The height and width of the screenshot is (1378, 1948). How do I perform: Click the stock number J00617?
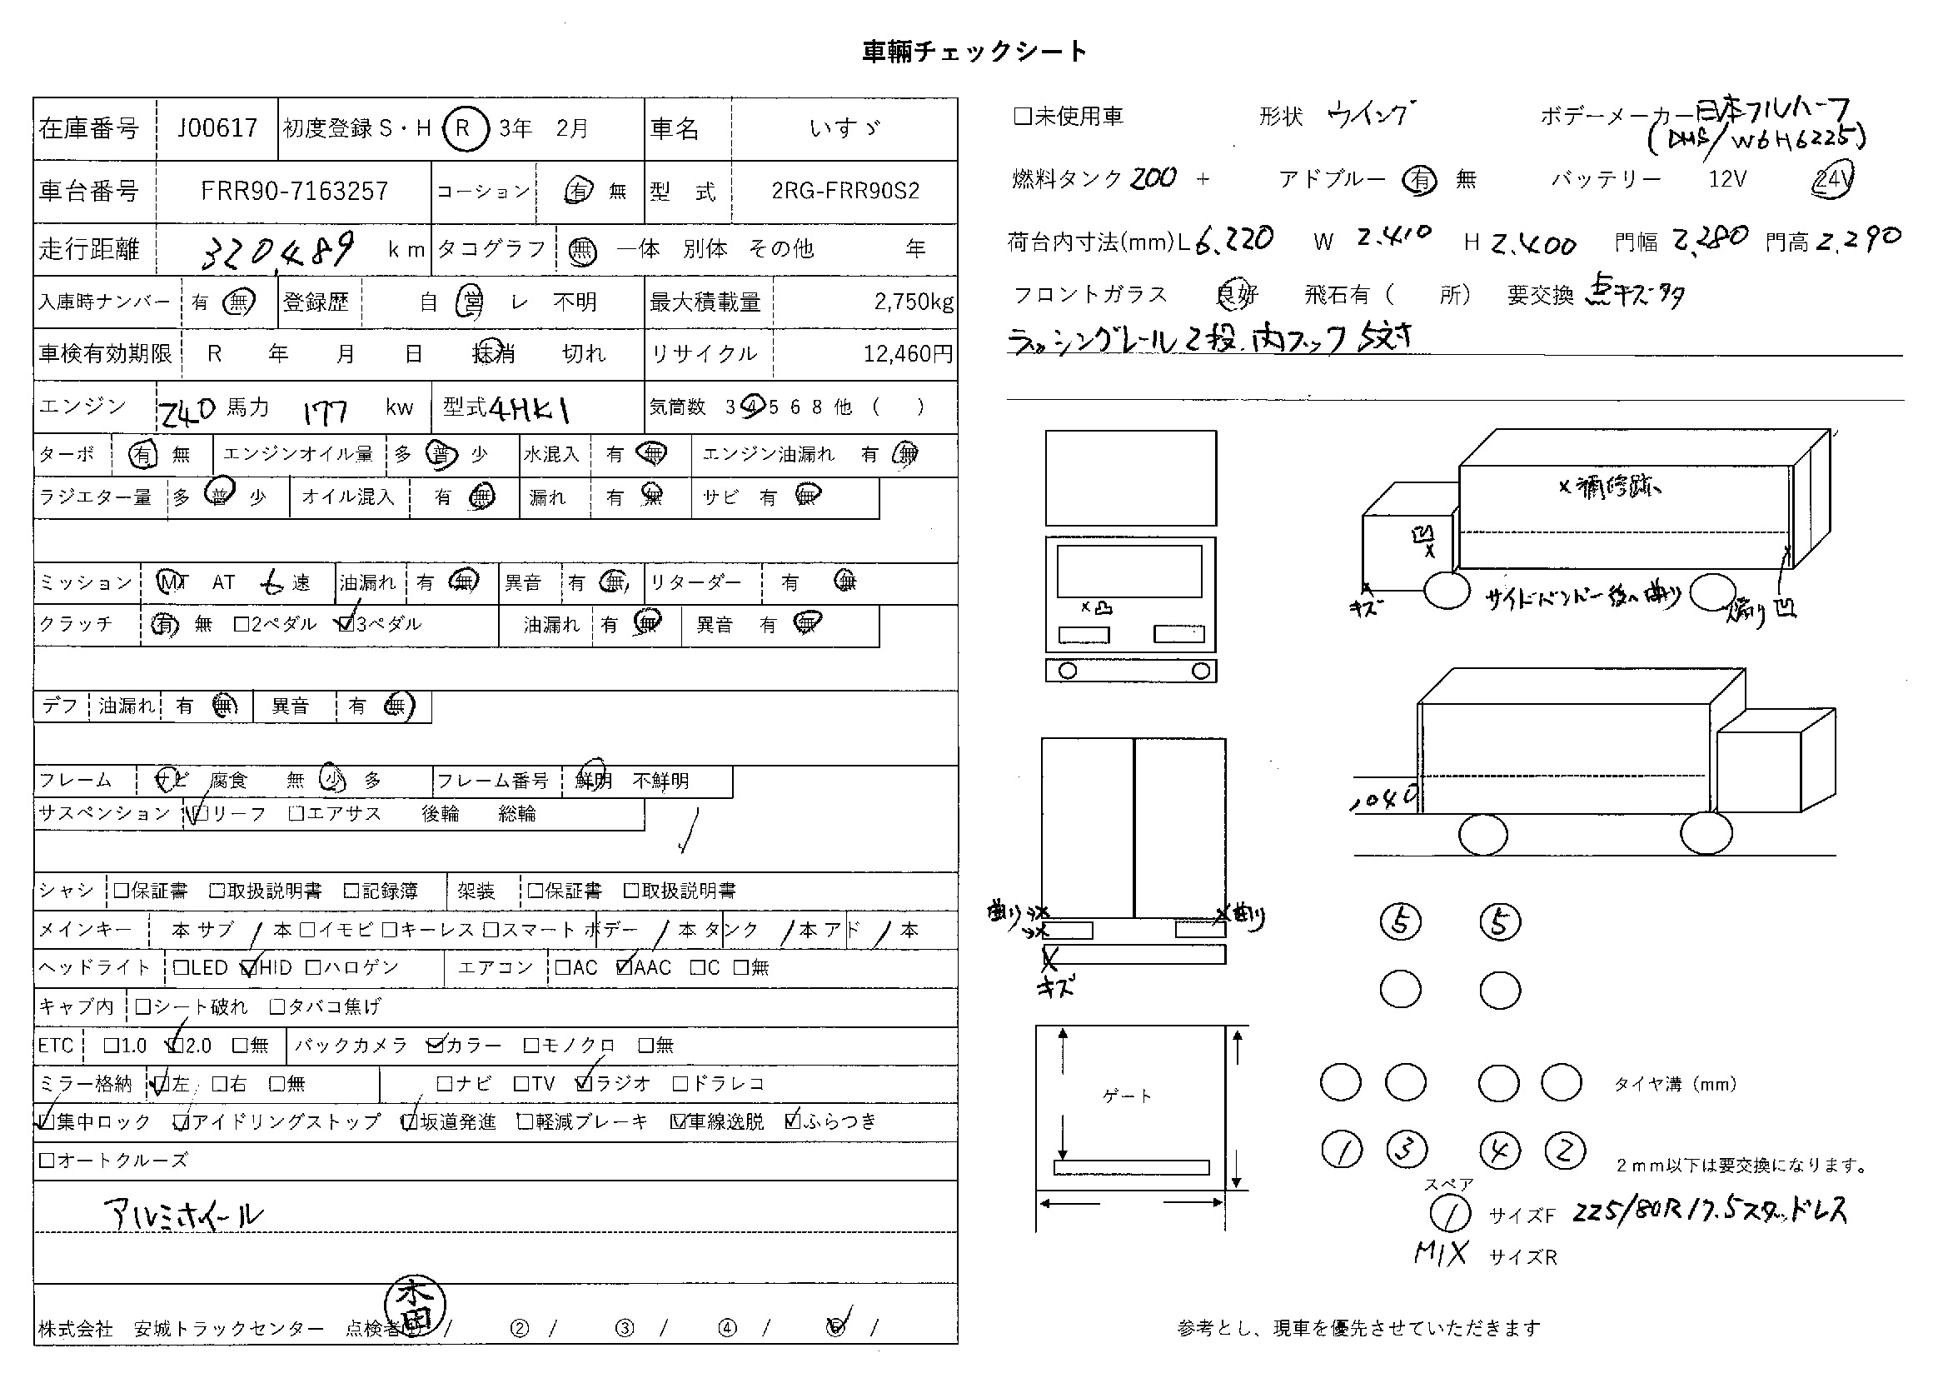(x=217, y=128)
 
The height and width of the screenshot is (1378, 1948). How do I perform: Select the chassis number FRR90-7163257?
(x=293, y=191)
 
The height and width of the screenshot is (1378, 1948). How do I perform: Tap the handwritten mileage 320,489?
(x=278, y=248)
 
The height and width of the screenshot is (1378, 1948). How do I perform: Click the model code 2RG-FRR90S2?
(x=845, y=191)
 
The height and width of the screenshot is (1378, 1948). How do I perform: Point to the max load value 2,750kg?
(x=913, y=302)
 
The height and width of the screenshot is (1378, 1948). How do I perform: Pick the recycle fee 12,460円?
(x=908, y=353)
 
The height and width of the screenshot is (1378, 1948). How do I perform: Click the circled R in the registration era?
(x=464, y=128)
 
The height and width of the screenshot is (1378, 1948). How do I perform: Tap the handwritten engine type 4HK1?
(x=530, y=410)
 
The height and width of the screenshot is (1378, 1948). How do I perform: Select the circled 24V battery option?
(x=1831, y=180)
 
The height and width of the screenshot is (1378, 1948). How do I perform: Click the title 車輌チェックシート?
(x=974, y=52)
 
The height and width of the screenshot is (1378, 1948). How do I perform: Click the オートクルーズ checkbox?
(x=47, y=1160)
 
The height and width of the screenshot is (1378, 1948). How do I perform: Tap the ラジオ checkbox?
(x=584, y=1084)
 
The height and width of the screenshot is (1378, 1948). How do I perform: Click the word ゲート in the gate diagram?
(x=1128, y=1096)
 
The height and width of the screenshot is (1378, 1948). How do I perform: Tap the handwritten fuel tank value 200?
(x=1153, y=178)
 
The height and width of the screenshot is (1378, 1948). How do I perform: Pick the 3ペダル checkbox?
(x=346, y=625)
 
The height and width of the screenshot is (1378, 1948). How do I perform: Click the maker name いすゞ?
(x=844, y=128)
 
